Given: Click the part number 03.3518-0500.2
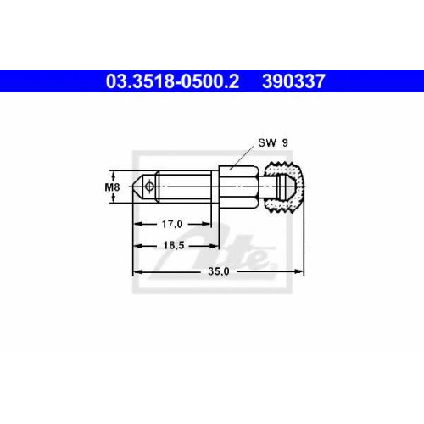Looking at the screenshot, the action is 172,81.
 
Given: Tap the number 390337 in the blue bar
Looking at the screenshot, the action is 293,81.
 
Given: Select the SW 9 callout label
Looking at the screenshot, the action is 273,143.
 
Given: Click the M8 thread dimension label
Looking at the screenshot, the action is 112,187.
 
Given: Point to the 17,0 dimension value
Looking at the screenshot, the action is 172,225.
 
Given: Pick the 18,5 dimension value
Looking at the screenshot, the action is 174,245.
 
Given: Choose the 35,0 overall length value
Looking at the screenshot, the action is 219,271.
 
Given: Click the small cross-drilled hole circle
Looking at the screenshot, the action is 148,187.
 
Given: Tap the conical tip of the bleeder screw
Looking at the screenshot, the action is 138,187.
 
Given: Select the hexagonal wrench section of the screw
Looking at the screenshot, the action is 238,187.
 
